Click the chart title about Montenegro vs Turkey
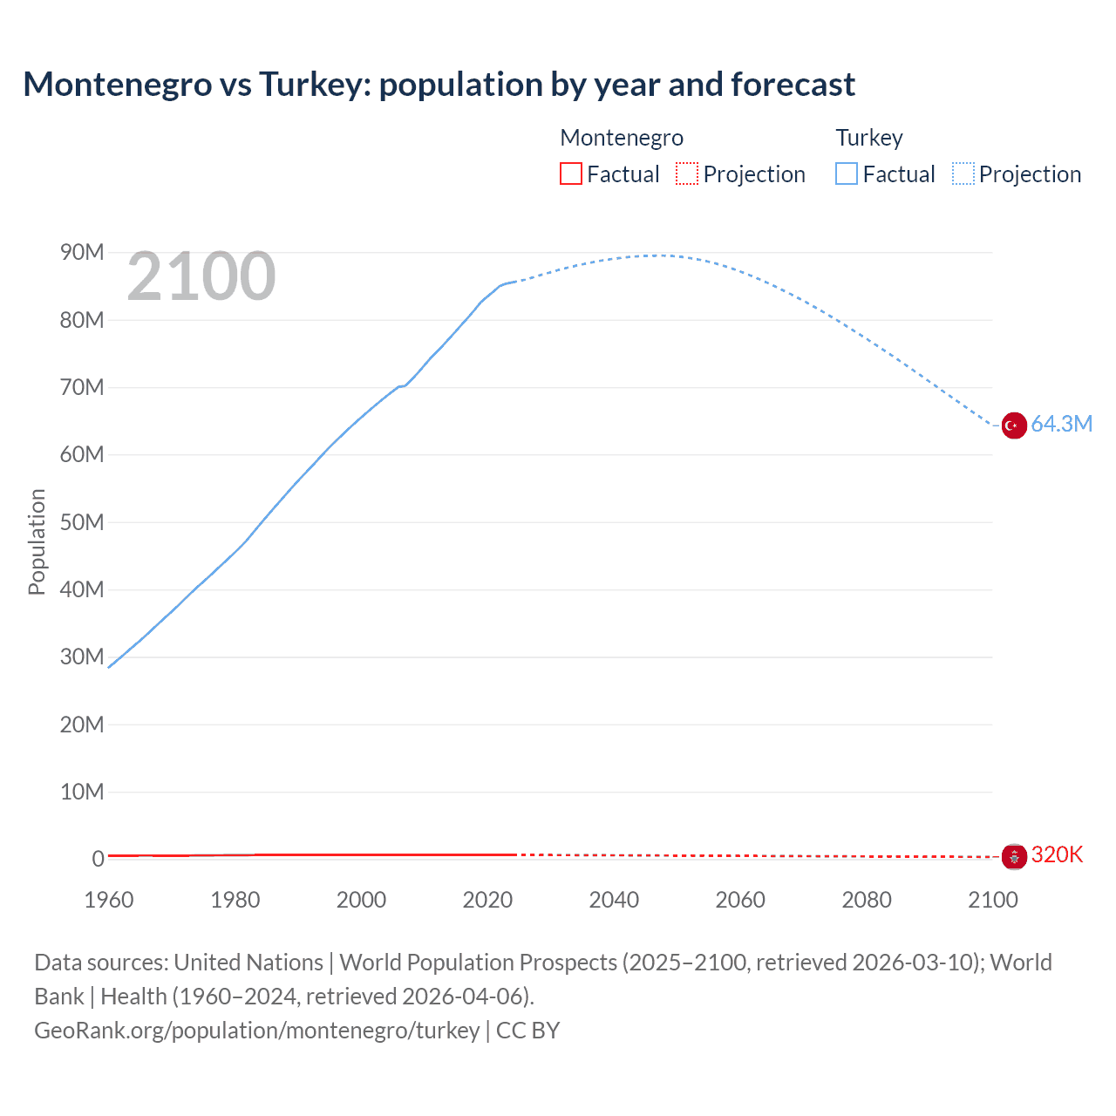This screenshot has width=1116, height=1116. coord(439,85)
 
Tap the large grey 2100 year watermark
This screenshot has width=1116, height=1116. coord(201,276)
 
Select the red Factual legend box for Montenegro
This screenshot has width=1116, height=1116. coord(570,174)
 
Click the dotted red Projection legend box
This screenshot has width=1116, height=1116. coord(687,174)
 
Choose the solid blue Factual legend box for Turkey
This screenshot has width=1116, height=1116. coord(847,174)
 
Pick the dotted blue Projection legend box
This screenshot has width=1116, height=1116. coord(963,174)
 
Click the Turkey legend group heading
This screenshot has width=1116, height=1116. coord(869,138)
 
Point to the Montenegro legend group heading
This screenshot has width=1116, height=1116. coord(622,138)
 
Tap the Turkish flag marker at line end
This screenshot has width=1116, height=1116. coord(1013,425)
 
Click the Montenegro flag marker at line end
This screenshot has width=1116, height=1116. coord(1013,857)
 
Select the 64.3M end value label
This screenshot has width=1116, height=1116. coord(1061,425)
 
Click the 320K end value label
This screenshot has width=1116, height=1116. coord(1057,855)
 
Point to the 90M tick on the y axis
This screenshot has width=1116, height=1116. coord(82,253)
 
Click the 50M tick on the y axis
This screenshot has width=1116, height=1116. coord(82,522)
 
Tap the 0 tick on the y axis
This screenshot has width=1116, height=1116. coord(98,859)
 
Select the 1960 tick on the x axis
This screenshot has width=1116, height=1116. coord(109,900)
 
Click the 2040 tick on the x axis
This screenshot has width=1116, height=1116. coord(614,900)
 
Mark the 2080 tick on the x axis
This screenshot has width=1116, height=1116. coord(867,900)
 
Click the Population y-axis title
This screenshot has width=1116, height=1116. coord(37,541)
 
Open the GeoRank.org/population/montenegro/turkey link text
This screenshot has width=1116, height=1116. coord(257,1031)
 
